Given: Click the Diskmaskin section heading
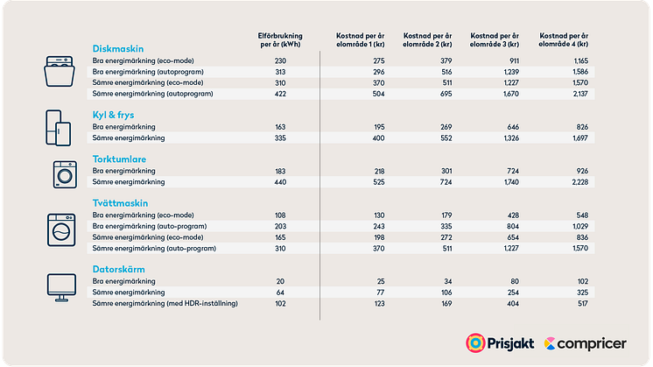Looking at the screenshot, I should [118, 49].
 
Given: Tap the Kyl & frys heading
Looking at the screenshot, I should [113, 116].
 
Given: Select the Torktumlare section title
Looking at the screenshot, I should [118, 159].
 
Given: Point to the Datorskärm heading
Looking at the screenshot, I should [119, 270].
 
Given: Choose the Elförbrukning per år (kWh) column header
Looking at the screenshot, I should [280, 39].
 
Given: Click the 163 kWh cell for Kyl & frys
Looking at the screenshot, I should [280, 127].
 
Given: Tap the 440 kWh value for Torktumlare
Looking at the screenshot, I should [280, 181].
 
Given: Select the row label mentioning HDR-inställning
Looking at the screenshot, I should [165, 303].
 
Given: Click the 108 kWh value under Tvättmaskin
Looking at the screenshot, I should [280, 215].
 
